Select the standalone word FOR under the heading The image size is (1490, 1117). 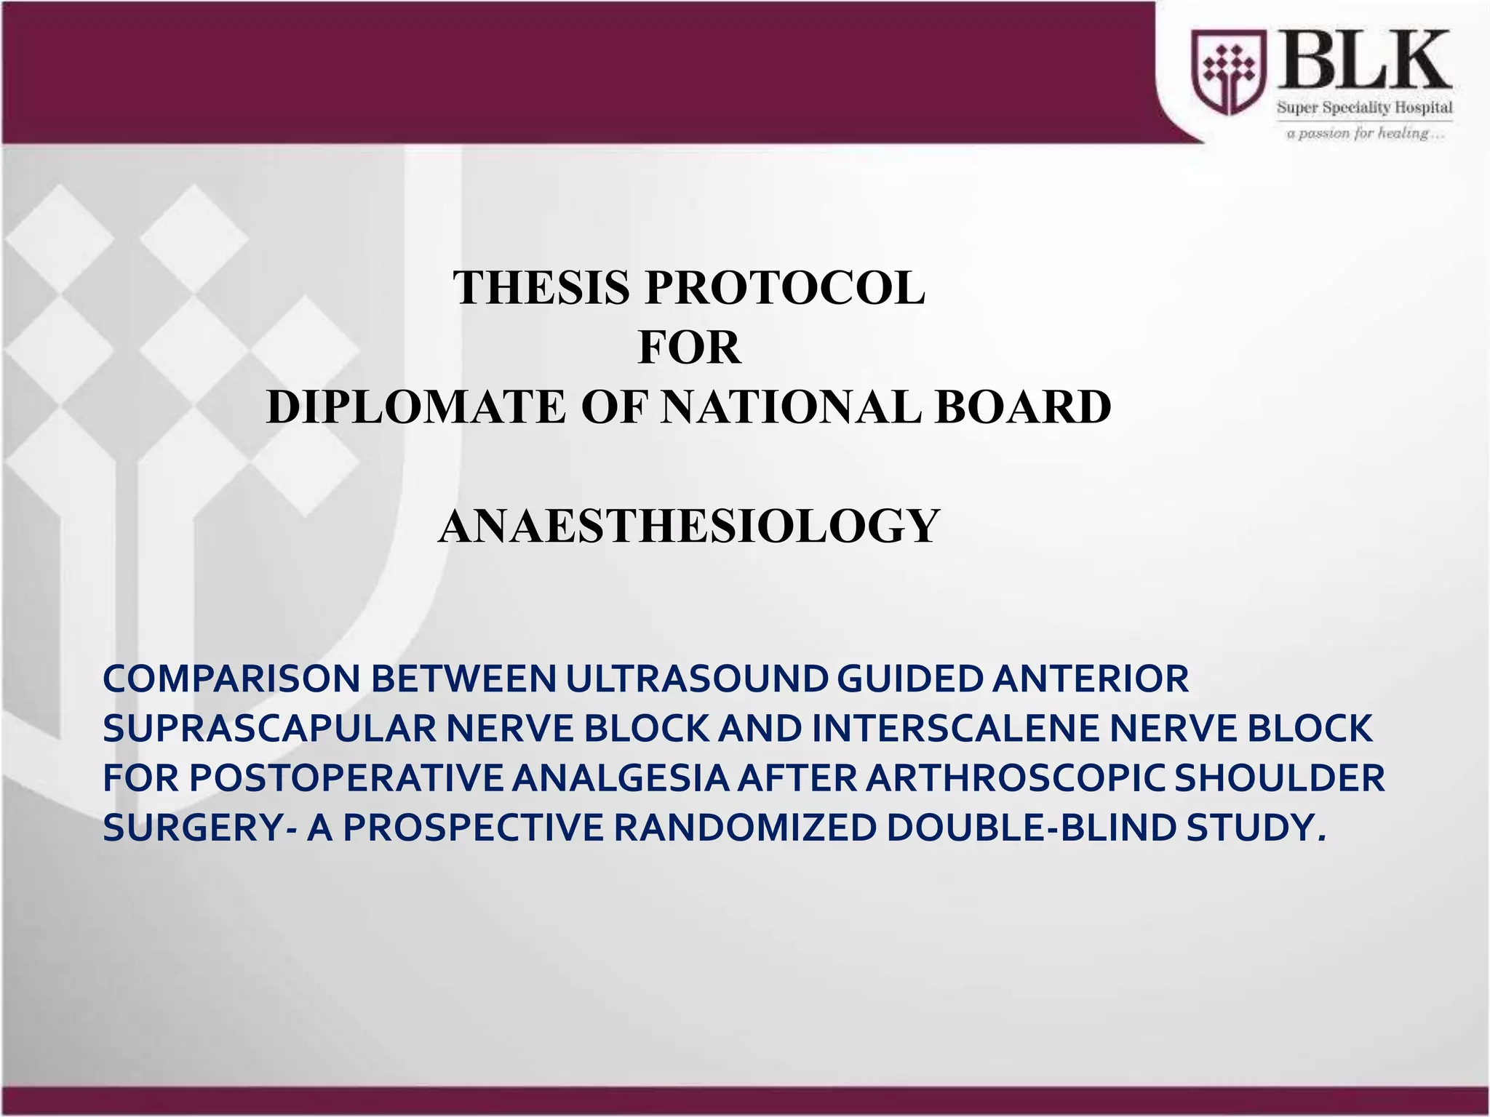click(x=689, y=348)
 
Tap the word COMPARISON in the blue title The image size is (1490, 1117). click(x=232, y=679)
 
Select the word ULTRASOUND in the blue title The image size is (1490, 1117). click(x=697, y=679)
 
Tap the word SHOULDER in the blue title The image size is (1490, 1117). click(x=1280, y=779)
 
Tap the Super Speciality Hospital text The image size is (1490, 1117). click(x=1365, y=108)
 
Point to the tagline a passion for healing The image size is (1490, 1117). click(x=1365, y=134)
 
